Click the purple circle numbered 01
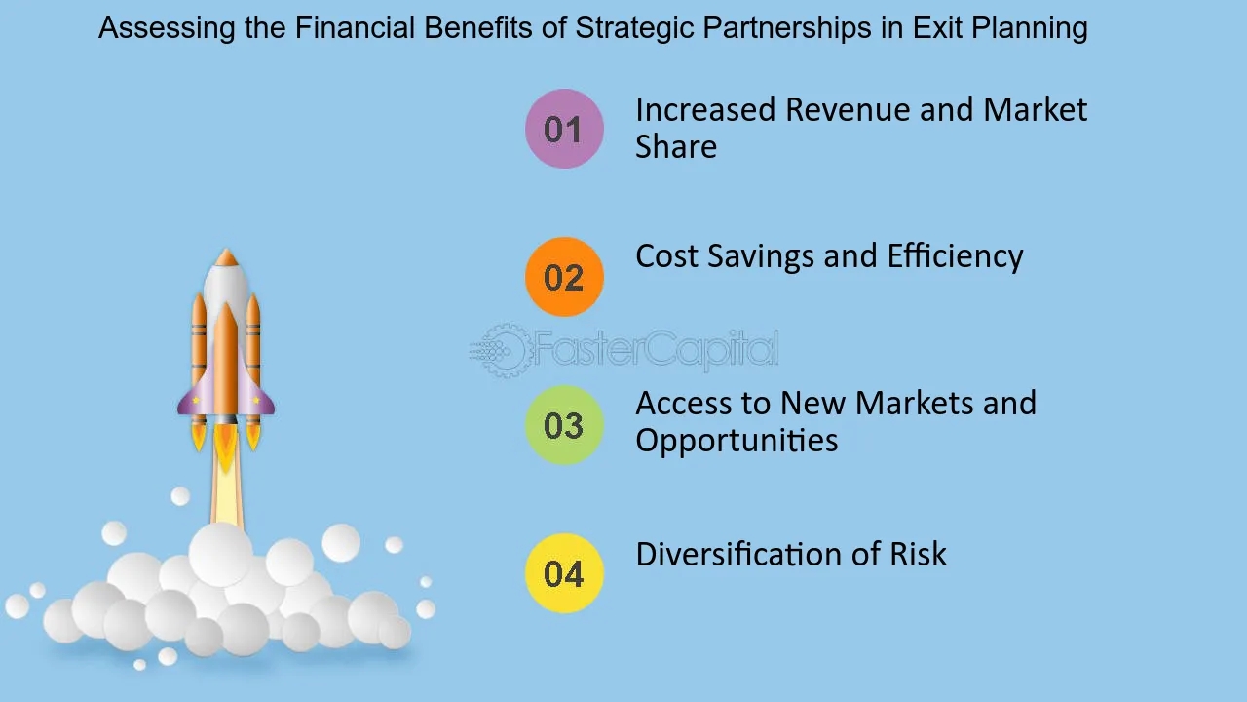tap(564, 129)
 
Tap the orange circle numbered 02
tap(564, 277)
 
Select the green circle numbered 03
tap(564, 425)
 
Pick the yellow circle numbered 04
tap(564, 573)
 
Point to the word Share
tap(676, 146)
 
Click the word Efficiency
tap(955, 256)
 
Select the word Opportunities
tap(737, 442)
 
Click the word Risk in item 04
tap(918, 554)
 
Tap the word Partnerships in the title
tap(787, 28)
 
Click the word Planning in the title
tap(1030, 28)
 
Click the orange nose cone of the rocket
tap(226, 256)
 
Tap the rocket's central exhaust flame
tap(225, 449)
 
